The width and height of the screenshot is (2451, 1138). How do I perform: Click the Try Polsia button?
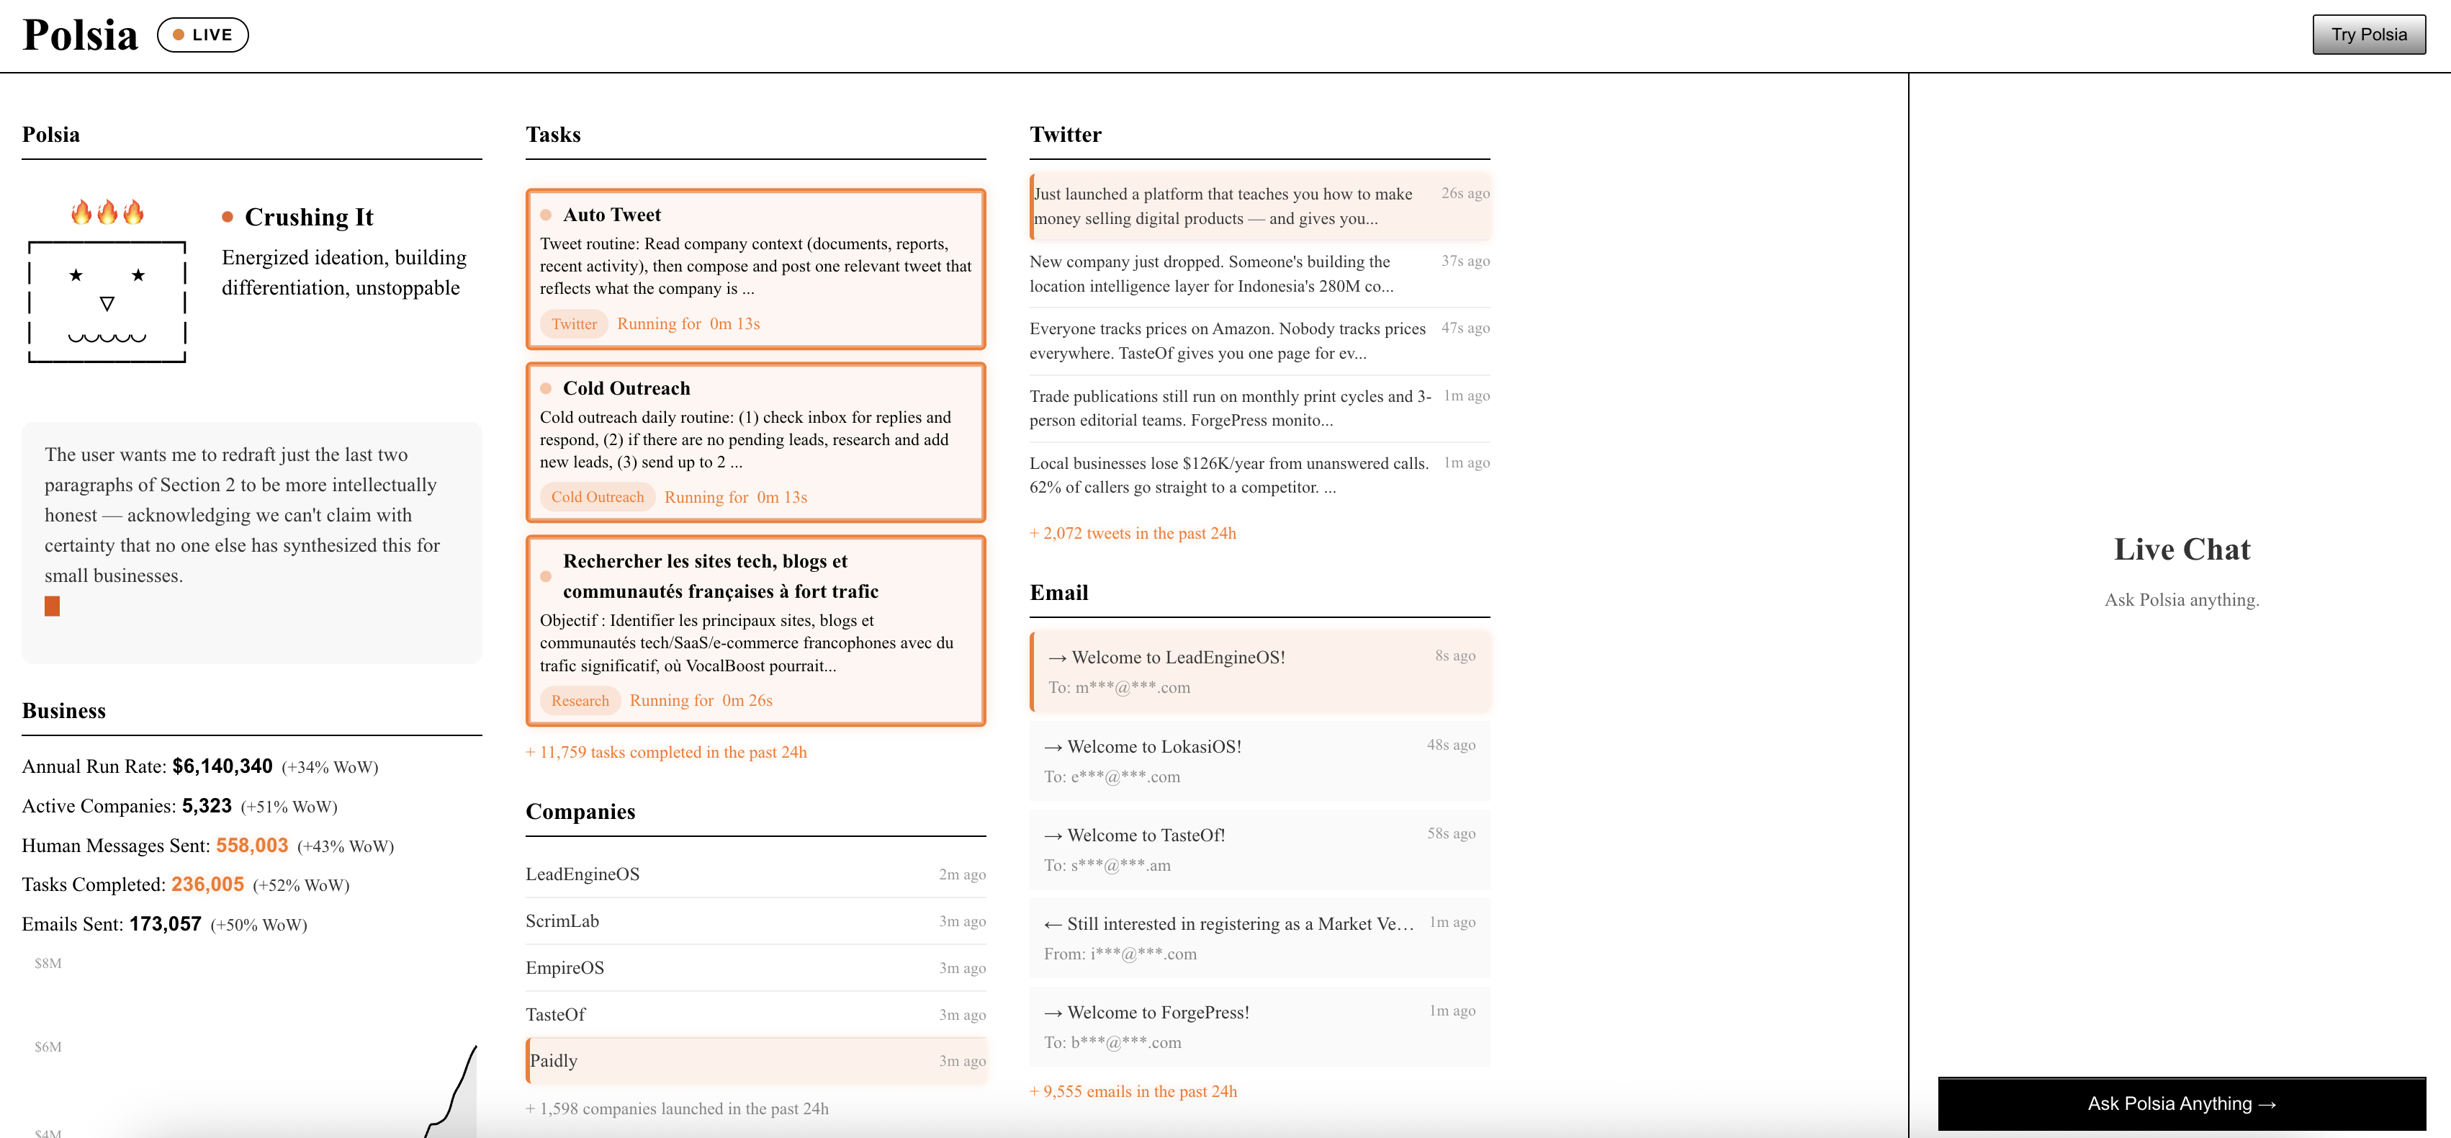pyautogui.click(x=2368, y=35)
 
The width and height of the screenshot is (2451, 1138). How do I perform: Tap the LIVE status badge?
pyautogui.click(x=202, y=35)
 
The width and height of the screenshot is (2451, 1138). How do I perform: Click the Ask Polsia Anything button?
pyautogui.click(x=2181, y=1103)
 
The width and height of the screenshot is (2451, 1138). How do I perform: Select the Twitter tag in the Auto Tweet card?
pyautogui.click(x=574, y=323)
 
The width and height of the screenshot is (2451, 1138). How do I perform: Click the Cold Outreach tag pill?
pyautogui.click(x=597, y=497)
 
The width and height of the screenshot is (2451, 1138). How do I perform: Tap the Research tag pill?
pyautogui.click(x=580, y=700)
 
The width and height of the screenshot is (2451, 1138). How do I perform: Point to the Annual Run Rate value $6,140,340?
pyautogui.click(x=222, y=766)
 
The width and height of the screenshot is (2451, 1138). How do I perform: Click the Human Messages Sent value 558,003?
pyautogui.click(x=251, y=845)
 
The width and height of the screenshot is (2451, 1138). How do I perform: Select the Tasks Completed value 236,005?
pyautogui.click(x=207, y=884)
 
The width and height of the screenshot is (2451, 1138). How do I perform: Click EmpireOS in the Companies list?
pyautogui.click(x=565, y=968)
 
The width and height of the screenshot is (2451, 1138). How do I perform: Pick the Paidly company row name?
pyautogui.click(x=554, y=1061)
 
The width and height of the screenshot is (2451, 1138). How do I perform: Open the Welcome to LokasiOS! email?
pyautogui.click(x=1153, y=747)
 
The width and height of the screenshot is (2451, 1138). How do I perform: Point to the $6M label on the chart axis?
pyautogui.click(x=48, y=1047)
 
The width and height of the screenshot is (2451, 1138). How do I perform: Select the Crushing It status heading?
pyautogui.click(x=308, y=217)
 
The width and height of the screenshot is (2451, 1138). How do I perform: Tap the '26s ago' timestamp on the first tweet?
pyautogui.click(x=1465, y=193)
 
